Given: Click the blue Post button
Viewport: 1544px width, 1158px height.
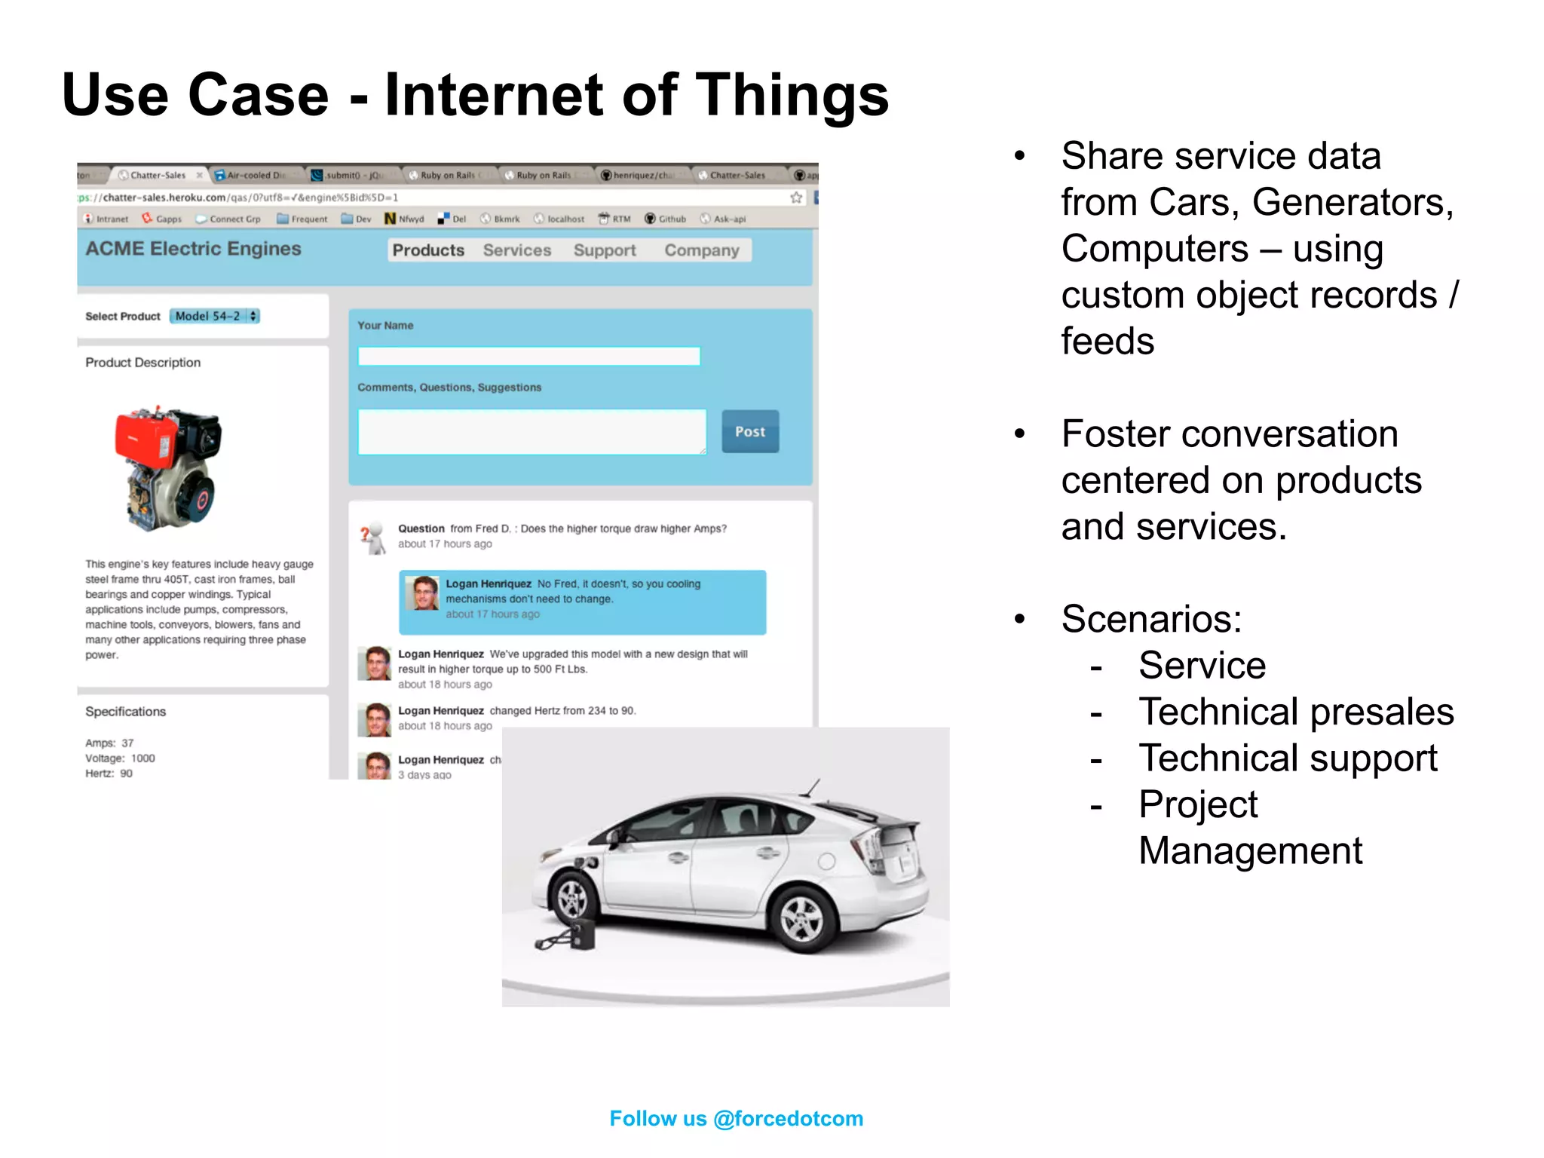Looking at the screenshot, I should [x=749, y=431].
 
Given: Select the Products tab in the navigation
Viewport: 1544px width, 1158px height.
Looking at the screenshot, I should [x=428, y=250].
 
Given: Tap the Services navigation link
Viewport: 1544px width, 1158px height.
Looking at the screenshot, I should [x=517, y=250].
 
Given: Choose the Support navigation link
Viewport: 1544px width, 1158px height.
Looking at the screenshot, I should [x=605, y=250].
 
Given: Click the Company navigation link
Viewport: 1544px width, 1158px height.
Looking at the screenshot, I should [x=702, y=250].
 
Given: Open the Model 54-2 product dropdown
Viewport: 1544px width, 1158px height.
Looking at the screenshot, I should [x=215, y=316].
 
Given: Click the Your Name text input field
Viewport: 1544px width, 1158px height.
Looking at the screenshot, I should [x=528, y=356].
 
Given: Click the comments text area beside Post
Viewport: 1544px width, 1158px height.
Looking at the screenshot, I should [x=532, y=432].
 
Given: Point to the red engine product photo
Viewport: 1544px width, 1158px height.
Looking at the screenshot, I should [x=168, y=467].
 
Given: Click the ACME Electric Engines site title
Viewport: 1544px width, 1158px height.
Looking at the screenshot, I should [x=193, y=249].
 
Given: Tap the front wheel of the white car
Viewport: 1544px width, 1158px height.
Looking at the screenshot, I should [x=571, y=897].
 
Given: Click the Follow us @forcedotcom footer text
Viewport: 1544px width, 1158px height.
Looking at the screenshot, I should [x=736, y=1118].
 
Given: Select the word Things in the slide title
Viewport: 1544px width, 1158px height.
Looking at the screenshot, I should [x=792, y=95].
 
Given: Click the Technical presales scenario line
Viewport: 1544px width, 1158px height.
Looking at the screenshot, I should [x=1296, y=712].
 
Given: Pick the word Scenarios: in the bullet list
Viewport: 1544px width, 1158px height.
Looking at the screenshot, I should [x=1151, y=619].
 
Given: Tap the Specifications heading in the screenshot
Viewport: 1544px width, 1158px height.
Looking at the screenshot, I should [x=125, y=712].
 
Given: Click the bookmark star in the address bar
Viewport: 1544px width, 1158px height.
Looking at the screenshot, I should [x=796, y=198].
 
